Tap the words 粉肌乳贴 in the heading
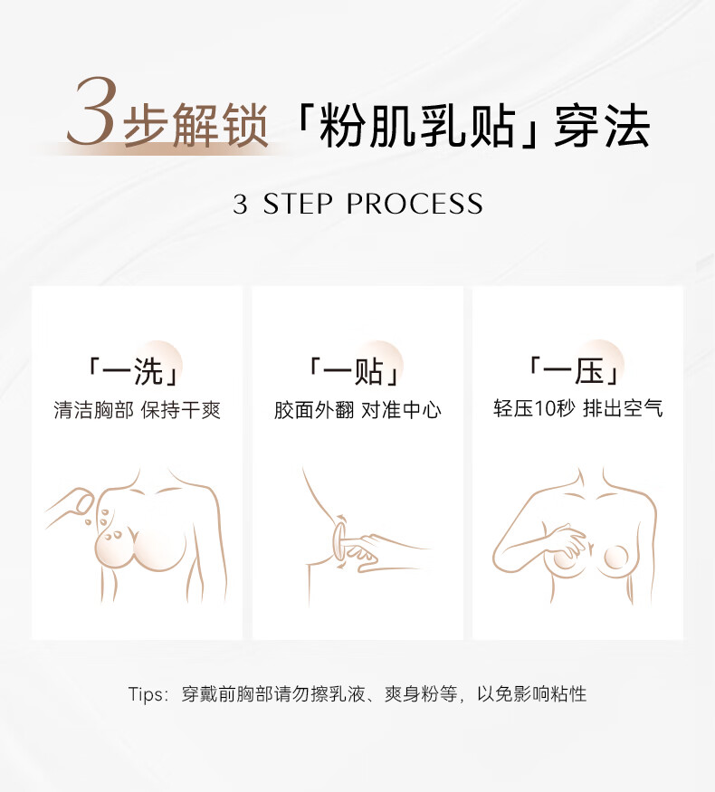pos(417,127)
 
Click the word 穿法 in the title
pos(601,127)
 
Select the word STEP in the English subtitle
pos(298,204)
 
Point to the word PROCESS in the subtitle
pos(415,204)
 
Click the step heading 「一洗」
pos(134,371)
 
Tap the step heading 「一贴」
pos(355,371)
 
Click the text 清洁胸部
pos(94,410)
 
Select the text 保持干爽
pos(181,410)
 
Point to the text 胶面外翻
pos(314,410)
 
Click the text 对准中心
pos(401,410)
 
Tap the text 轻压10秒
pos(534,408)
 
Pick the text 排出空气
pos(622,408)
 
